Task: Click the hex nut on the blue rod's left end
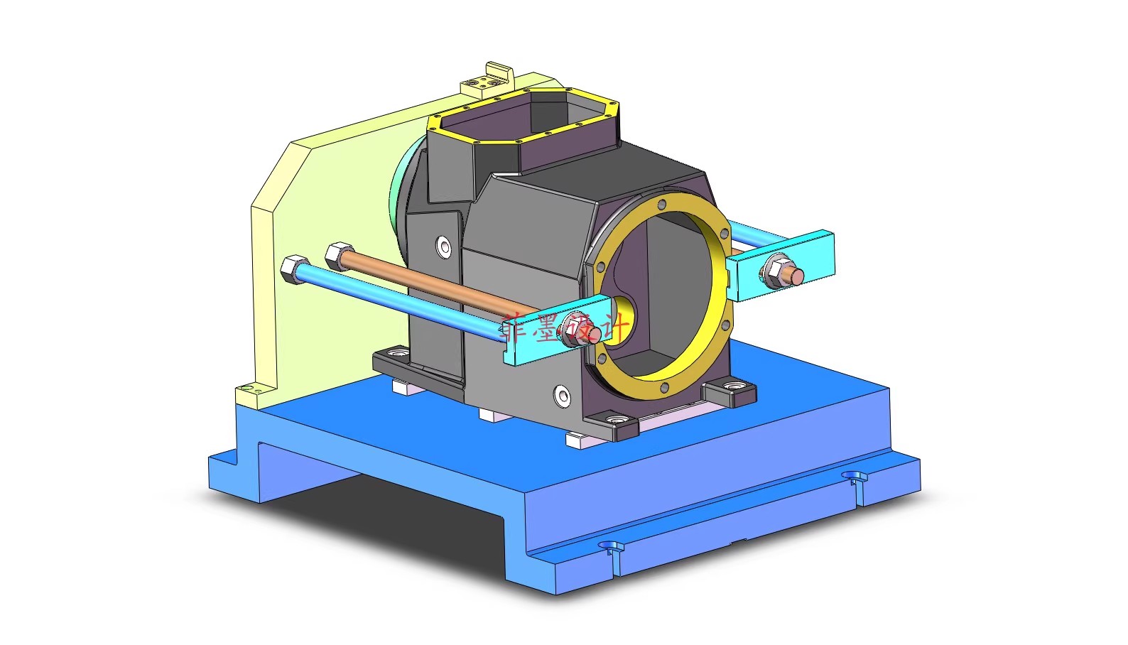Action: coord(292,269)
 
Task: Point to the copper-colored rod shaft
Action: coord(440,288)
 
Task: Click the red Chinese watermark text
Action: coord(565,328)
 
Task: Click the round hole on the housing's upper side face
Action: coord(444,246)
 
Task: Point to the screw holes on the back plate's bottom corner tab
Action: coord(247,389)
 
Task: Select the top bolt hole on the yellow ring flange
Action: coord(662,205)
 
